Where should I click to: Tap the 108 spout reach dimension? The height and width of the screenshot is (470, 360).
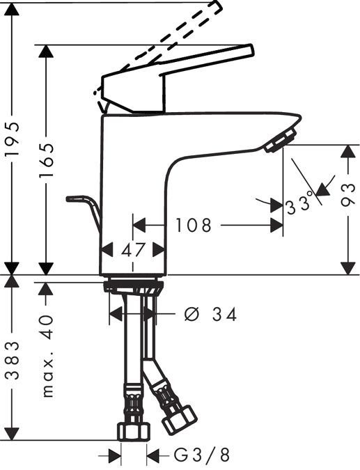coord(194,226)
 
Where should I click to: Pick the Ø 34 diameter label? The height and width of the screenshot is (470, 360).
coord(211,315)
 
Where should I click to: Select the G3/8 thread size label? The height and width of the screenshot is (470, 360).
coord(201,456)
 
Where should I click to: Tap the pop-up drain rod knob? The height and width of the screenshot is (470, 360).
coord(73,199)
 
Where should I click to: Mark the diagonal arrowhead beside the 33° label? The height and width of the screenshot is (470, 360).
coord(321,188)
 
